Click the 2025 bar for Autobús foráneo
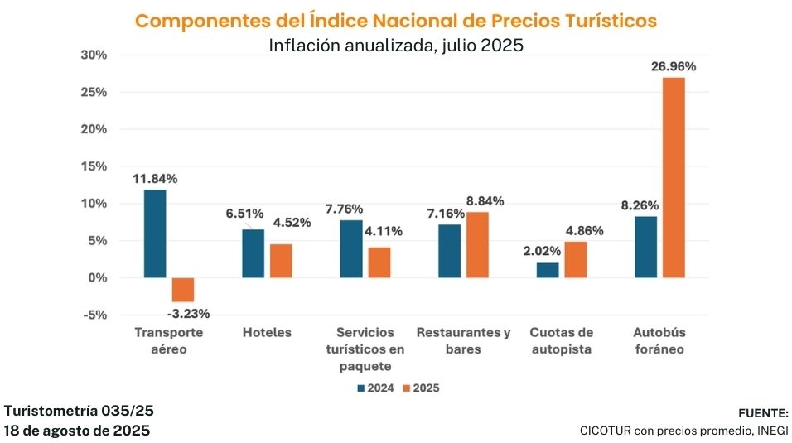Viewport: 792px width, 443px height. [x=673, y=177]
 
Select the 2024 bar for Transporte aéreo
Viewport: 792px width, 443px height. [x=154, y=234]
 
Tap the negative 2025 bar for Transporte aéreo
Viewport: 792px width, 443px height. [x=182, y=290]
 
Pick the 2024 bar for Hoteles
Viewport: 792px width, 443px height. [x=253, y=253]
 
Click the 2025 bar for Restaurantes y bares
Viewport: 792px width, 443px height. [x=477, y=245]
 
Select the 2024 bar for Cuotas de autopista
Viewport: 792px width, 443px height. [x=548, y=270]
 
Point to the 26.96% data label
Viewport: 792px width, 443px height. [x=672, y=66]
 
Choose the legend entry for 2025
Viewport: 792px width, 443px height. [x=419, y=388]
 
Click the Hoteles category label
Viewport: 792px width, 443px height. [x=267, y=332]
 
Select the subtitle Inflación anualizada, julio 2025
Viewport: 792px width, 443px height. [x=396, y=46]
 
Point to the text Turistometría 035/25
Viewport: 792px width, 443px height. [x=79, y=411]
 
